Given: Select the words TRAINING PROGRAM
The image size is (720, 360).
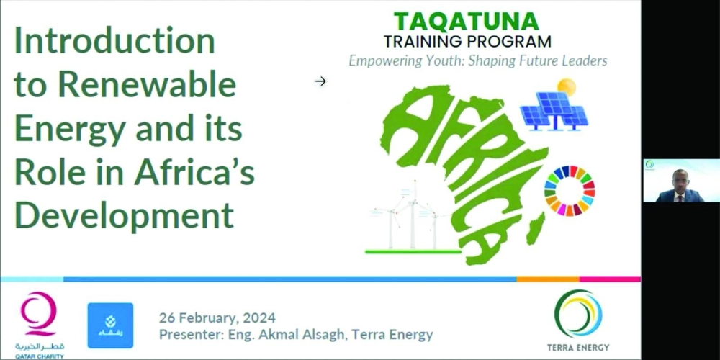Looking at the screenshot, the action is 467,42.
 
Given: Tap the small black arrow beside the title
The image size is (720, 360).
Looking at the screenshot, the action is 320,81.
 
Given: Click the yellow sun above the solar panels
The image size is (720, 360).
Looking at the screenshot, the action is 566,87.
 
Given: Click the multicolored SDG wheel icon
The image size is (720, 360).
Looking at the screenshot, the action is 570,191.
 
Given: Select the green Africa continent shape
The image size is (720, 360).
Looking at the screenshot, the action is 464,174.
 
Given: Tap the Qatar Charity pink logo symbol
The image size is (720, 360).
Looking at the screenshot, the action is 39,314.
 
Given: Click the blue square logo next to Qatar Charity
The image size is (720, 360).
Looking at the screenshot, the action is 110,325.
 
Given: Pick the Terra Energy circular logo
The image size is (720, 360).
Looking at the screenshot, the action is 577,314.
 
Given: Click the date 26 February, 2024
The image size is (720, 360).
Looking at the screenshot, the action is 217,318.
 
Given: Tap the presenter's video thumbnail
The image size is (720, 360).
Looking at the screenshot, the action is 681,181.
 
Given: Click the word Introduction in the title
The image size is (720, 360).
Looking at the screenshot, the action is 114,40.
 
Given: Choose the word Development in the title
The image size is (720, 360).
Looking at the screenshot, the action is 125,217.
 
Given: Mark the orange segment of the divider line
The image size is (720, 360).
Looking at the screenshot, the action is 548,279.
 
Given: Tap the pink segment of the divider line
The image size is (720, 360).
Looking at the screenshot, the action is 610,279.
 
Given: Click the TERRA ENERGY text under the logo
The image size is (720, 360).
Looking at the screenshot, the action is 578,347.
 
